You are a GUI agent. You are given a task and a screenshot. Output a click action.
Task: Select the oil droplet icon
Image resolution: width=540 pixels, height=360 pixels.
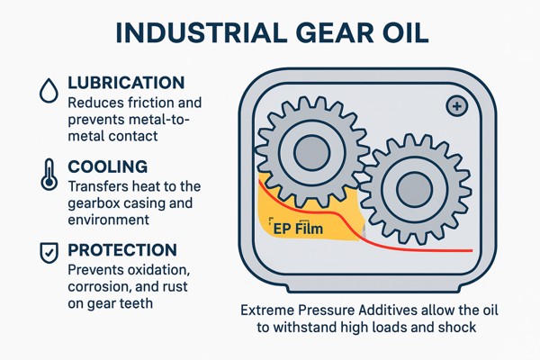tap(49, 90)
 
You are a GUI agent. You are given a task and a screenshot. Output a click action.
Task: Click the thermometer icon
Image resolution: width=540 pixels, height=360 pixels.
tap(49, 175)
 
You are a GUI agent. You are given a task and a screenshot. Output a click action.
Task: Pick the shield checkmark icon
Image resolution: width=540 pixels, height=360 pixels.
tap(49, 253)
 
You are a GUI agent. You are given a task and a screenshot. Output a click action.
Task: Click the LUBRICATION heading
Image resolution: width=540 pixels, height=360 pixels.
tap(126, 83)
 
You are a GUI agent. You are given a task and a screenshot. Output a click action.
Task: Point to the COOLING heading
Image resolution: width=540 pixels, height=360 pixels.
tap(108, 166)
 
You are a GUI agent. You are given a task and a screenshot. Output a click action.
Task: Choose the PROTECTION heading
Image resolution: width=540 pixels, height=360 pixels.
tap(122, 250)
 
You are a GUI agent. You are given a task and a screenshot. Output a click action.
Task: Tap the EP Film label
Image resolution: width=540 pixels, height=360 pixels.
tap(298, 228)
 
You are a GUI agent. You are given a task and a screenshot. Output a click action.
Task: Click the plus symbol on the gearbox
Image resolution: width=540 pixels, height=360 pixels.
tap(457, 106)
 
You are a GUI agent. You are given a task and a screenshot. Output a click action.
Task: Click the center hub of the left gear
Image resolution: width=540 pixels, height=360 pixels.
tap(312, 153)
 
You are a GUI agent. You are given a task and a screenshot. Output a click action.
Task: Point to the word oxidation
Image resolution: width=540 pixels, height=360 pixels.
tap(158, 270)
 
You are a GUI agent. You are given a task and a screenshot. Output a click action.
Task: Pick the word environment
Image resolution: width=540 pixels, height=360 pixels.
tap(109, 220)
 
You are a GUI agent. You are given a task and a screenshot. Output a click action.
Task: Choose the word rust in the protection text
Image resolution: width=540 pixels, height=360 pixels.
tap(175, 287)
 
